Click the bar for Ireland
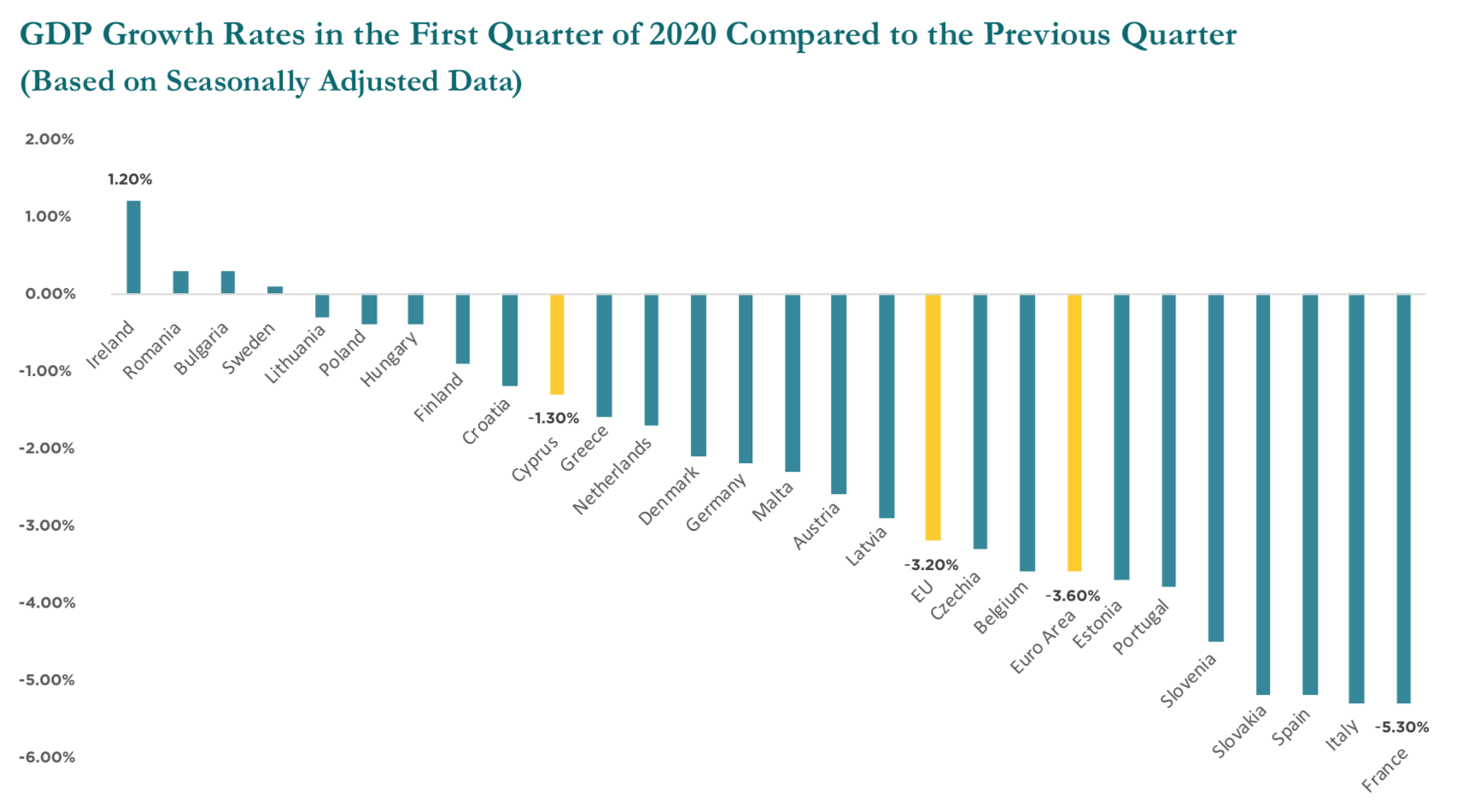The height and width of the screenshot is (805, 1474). point(134,248)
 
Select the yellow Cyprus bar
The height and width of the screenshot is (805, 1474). point(557,344)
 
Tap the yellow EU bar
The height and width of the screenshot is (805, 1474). point(933,417)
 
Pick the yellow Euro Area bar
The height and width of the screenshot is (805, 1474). point(1074,432)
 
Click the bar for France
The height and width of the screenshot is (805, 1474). point(1403,498)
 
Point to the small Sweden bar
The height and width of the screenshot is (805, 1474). point(275,291)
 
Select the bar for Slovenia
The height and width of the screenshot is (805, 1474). point(1216,467)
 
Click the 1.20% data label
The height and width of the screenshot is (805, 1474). point(130,179)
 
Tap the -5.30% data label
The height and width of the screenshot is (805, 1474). point(1401,727)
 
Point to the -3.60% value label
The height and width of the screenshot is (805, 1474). point(1073,596)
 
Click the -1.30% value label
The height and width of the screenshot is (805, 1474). point(553,418)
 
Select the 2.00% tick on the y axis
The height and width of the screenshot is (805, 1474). point(50,139)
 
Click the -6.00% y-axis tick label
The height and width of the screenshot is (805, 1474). point(47,757)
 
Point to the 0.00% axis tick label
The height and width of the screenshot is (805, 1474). point(50,294)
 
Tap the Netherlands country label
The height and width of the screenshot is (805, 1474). point(612,476)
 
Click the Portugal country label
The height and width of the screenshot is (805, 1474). point(1141,627)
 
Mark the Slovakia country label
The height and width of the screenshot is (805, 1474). point(1239,732)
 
